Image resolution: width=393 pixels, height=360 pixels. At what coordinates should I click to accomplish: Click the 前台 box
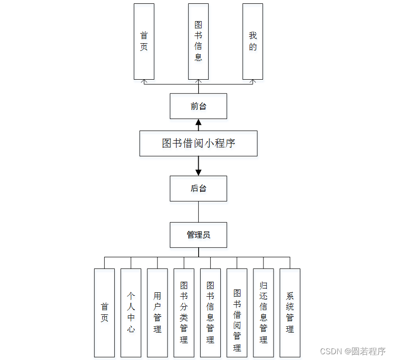(x=198, y=106)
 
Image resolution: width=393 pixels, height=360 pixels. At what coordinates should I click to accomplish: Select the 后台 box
(x=198, y=188)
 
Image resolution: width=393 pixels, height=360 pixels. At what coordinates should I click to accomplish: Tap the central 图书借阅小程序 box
(x=198, y=143)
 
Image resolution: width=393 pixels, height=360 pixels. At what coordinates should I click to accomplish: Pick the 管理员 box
(x=198, y=235)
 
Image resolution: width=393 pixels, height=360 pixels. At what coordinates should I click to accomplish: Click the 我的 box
(x=252, y=41)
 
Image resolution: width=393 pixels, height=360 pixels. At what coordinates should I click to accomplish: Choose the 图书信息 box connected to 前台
(x=198, y=41)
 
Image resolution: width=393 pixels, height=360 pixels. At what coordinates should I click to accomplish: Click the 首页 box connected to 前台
(x=144, y=41)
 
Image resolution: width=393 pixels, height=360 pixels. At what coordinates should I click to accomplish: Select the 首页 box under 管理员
(x=104, y=312)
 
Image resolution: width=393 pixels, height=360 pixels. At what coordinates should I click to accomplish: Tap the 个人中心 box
(x=131, y=312)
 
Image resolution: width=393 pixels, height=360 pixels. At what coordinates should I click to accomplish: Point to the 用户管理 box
(x=157, y=312)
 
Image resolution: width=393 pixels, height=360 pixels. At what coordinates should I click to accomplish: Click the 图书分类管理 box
(x=184, y=312)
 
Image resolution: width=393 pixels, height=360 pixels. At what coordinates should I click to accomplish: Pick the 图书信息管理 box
(x=210, y=312)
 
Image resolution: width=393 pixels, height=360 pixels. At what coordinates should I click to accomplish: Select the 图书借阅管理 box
(x=237, y=312)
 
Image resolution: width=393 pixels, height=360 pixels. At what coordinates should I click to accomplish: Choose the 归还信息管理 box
(x=263, y=312)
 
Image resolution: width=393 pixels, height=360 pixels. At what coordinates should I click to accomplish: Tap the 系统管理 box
(x=290, y=312)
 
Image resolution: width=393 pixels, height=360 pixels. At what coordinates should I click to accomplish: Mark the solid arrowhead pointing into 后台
(x=198, y=172)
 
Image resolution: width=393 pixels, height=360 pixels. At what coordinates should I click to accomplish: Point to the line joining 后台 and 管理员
(x=198, y=212)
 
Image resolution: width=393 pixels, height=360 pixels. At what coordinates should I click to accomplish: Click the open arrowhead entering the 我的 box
(x=253, y=82)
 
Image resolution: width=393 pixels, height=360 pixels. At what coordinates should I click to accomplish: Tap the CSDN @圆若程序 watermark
(x=353, y=351)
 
